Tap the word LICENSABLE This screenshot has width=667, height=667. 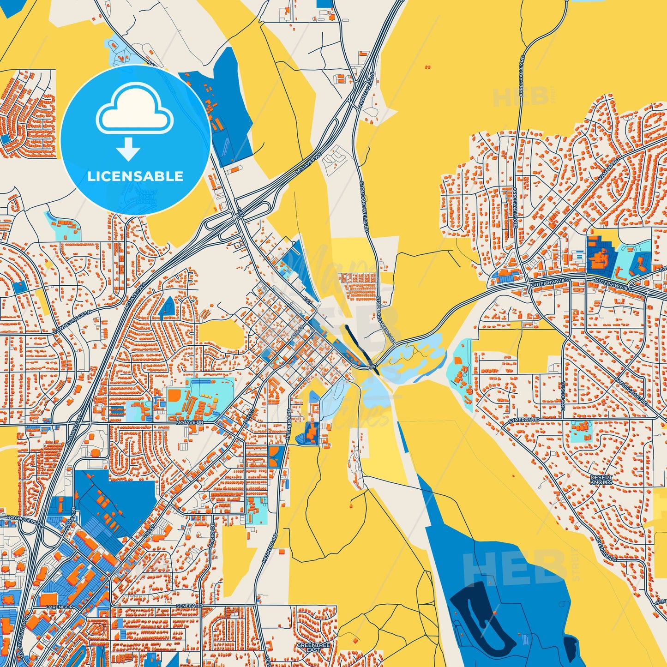point(135,176)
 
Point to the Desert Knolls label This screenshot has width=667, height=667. point(601,480)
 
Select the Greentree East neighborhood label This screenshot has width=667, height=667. point(313,647)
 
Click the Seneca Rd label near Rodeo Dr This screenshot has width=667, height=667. point(189,605)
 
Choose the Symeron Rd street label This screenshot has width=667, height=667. point(524,420)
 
